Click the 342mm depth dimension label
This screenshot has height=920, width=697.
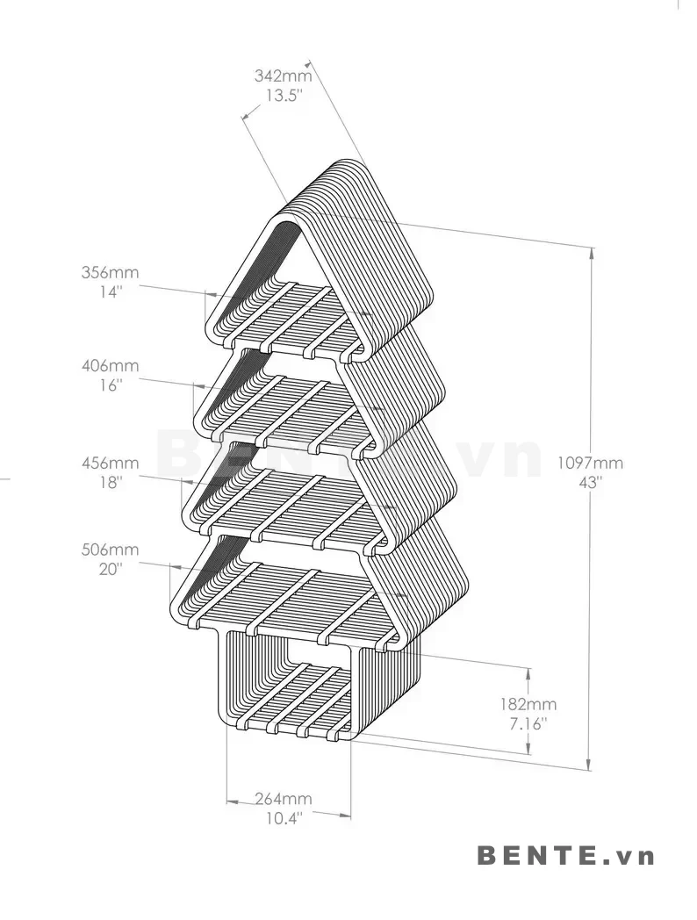point(283,75)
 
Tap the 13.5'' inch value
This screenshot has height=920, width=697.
point(284,95)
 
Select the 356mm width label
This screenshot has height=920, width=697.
point(110,272)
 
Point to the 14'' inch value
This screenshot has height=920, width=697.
point(111,291)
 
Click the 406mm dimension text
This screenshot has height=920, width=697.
point(110,365)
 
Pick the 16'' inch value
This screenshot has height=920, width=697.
point(111,385)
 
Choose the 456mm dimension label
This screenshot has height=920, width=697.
point(110,463)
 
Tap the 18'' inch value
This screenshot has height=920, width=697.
point(111,482)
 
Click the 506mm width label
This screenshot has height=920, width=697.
point(110,550)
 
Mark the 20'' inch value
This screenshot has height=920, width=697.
point(111,569)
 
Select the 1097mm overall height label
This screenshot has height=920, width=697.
point(590,463)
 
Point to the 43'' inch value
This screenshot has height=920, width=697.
point(590,482)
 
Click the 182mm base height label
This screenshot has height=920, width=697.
point(528,703)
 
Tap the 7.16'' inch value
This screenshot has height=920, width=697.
point(528,723)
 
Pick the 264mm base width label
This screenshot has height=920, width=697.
point(283,799)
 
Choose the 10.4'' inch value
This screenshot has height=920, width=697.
point(284,818)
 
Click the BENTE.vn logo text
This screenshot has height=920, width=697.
point(565,855)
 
